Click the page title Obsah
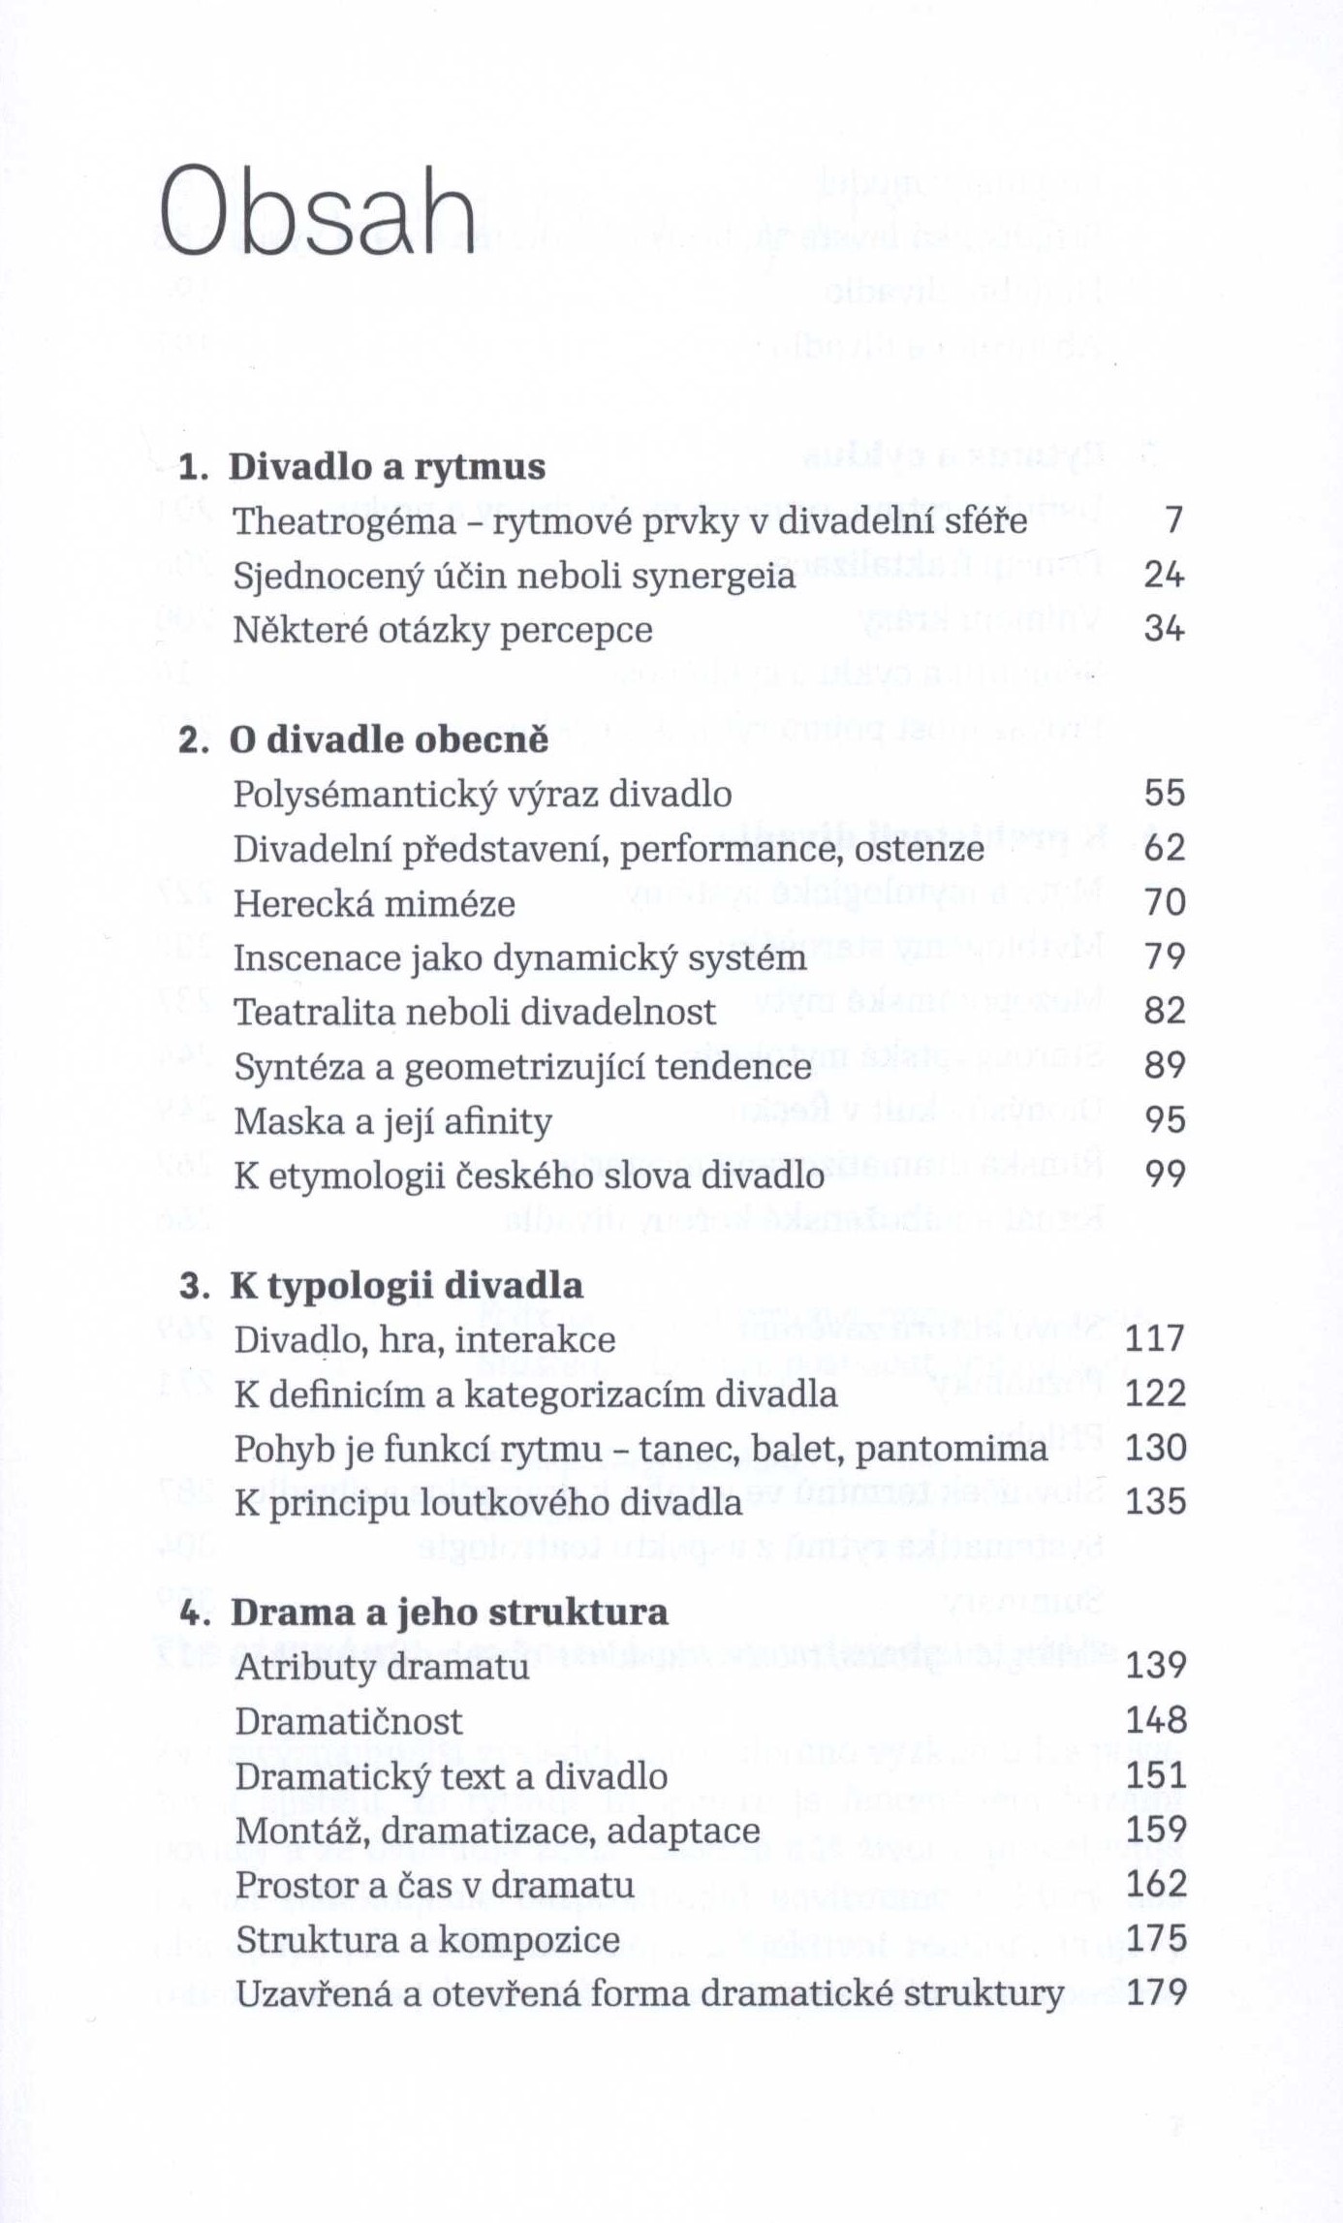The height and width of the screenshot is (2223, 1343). tap(319, 211)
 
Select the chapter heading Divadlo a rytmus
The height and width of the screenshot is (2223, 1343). tap(387, 467)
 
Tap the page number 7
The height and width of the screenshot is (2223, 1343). tap(1174, 521)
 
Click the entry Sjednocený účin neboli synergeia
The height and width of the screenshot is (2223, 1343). tap(515, 576)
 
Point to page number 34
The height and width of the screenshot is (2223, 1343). tap(1165, 630)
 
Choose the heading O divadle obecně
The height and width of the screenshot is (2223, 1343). tap(389, 740)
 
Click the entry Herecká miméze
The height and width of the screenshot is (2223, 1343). tap(374, 903)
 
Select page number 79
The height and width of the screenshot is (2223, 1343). tap(1165, 957)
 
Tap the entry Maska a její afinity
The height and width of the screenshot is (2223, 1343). tap(392, 1121)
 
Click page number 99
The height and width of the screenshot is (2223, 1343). tap(1165, 1175)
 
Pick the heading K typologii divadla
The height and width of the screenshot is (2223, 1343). tap(406, 1286)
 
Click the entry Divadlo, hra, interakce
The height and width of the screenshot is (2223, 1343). tap(424, 1340)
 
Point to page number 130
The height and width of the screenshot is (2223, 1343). tap(1156, 1449)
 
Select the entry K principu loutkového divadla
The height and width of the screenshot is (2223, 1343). tap(488, 1503)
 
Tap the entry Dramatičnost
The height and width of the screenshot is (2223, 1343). tap(349, 1722)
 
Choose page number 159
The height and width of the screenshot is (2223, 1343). tap(1156, 1831)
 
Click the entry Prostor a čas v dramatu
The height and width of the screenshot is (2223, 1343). tap(435, 1885)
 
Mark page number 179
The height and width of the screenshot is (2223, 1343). tap(1156, 1993)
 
